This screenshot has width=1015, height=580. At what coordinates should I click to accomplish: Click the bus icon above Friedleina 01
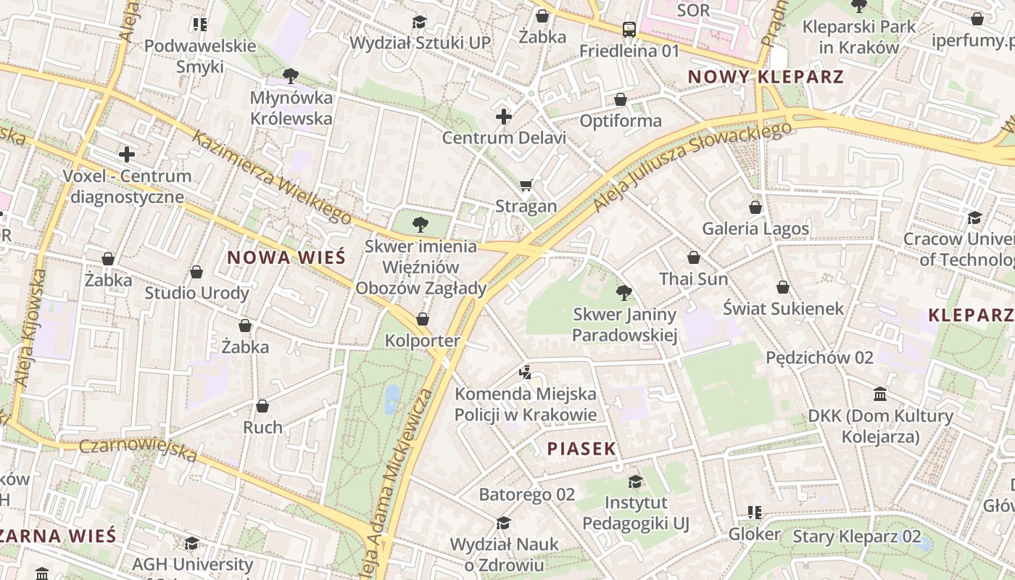[x=629, y=30]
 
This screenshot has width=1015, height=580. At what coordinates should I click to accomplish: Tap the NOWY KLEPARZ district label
[x=766, y=77]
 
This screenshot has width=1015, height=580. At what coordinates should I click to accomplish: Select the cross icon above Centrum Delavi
[x=504, y=116]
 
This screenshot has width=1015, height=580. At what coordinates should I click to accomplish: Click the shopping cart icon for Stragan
[x=526, y=185]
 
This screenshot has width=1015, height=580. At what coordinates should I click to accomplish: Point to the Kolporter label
[x=422, y=341]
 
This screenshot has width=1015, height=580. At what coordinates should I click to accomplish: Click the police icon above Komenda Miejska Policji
[x=526, y=373]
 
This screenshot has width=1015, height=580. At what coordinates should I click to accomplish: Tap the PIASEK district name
[x=581, y=449]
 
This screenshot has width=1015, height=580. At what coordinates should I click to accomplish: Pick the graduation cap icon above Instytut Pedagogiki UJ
[x=635, y=481]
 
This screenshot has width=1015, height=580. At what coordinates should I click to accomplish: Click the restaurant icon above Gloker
[x=755, y=513]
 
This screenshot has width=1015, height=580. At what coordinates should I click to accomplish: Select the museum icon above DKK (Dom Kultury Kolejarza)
[x=881, y=394]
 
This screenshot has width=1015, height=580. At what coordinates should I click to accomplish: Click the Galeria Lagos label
[x=755, y=229]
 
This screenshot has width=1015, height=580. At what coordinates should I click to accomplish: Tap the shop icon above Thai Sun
[x=694, y=257]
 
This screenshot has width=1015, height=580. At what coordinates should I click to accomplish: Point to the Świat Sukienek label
[x=784, y=309]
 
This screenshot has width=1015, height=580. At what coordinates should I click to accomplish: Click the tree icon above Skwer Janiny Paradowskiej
[x=623, y=293]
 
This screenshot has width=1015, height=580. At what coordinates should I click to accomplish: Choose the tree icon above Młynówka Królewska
[x=291, y=75]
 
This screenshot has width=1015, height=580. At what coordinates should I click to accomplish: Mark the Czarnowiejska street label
[x=138, y=451]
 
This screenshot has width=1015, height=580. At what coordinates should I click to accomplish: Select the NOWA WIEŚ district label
[x=286, y=257]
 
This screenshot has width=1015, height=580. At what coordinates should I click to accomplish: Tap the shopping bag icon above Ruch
[x=262, y=406]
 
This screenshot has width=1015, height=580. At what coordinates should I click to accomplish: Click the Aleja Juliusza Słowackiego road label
[x=692, y=166]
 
